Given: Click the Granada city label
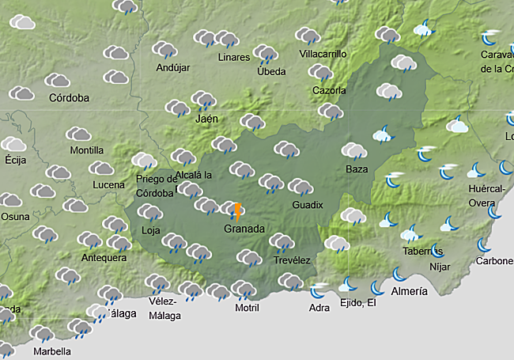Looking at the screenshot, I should (x=244, y=228).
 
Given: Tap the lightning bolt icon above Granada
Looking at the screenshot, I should (x=236, y=211).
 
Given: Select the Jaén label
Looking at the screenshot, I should (x=206, y=119).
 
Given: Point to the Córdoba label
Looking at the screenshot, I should (x=69, y=98).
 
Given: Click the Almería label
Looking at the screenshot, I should (x=409, y=291).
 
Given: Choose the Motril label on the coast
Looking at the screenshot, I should (x=247, y=308).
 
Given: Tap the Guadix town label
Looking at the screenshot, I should (x=307, y=204).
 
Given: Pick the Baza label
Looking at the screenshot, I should (x=357, y=169).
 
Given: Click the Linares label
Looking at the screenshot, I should (x=233, y=57).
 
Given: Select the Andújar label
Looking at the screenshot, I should (x=173, y=67).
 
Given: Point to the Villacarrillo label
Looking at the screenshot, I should (x=323, y=54).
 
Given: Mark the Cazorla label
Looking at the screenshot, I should (x=329, y=90).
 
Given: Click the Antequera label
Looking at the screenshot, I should (x=104, y=257).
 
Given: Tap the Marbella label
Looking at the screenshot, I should (x=51, y=351).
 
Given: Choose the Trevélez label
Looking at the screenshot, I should (x=292, y=260).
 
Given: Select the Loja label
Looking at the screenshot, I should (x=150, y=231).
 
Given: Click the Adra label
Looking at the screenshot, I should (x=319, y=308).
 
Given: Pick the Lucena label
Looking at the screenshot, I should (x=108, y=184).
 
